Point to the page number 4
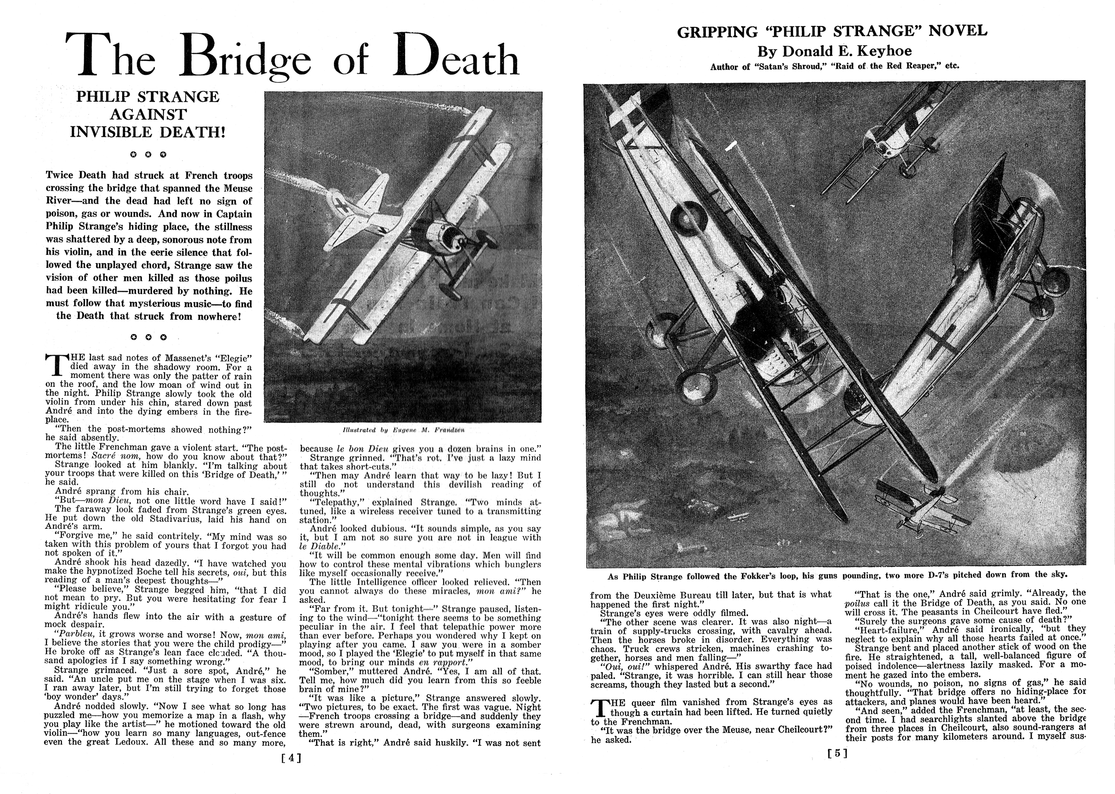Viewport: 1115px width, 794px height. pyautogui.click(x=292, y=758)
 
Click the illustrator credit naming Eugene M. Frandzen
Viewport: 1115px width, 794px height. pyautogui.click(x=403, y=430)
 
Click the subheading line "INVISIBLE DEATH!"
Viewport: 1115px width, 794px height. pyautogui.click(x=148, y=132)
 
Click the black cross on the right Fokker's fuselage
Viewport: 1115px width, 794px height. pyautogui.click(x=940, y=340)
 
